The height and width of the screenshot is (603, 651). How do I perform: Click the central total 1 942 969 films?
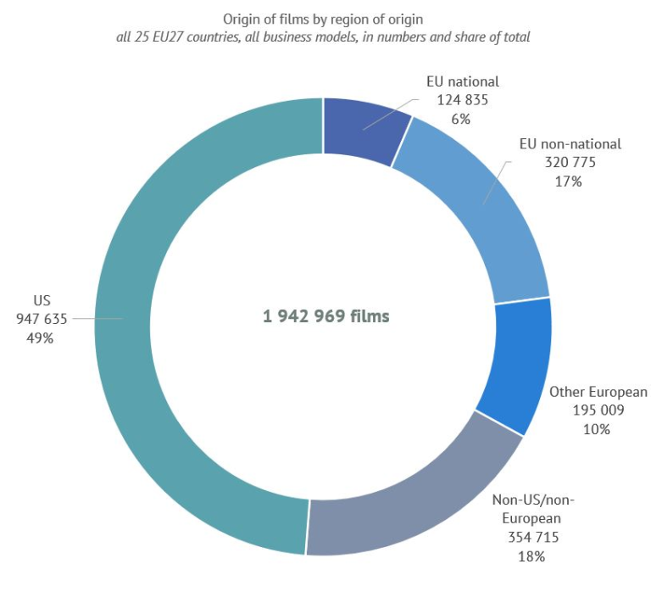(x=325, y=316)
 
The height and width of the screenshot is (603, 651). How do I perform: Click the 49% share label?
(x=42, y=337)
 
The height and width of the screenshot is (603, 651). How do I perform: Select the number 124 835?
(x=462, y=100)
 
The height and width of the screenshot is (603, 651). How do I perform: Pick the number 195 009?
(x=597, y=410)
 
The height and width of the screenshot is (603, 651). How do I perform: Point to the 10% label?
(x=597, y=428)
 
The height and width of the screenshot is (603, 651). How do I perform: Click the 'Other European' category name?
(x=598, y=392)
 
